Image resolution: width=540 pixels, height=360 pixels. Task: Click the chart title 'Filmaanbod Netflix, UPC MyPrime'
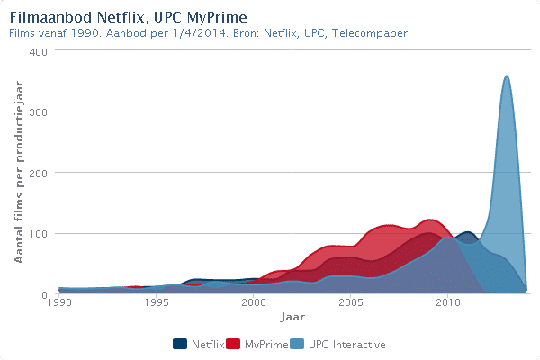128,17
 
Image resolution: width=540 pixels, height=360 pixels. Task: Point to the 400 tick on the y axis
40,51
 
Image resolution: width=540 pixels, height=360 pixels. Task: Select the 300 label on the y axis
40,112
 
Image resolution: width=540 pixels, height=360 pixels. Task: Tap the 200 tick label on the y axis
40,173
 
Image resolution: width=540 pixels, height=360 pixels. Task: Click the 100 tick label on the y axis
40,234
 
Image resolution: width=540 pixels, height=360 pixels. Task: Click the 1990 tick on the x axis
59,304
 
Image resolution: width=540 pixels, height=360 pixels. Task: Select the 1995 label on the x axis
157,304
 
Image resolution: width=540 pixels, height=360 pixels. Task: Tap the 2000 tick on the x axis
254,304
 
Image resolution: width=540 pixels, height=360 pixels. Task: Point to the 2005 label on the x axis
351,304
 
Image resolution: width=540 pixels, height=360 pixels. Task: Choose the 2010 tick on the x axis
448,304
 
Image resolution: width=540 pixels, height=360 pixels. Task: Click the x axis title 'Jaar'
292,318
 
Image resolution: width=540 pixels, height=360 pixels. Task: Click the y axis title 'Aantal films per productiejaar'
19,172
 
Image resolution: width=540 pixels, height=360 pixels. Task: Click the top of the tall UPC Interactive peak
507,76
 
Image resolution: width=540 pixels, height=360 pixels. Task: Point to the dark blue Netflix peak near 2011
467,232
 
